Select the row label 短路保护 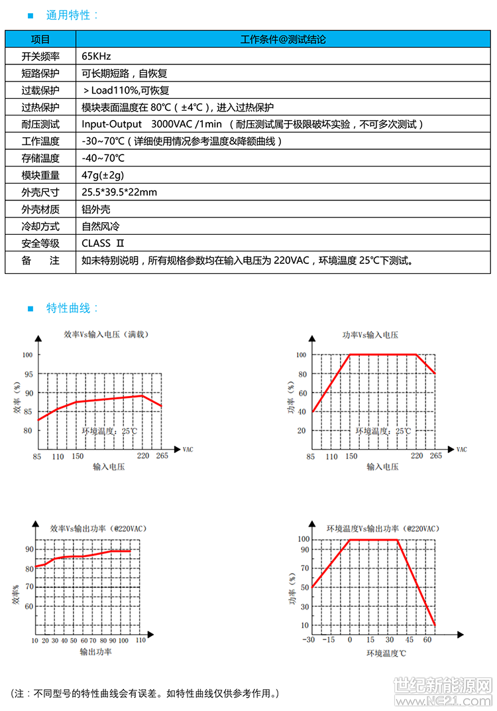click(x=40, y=74)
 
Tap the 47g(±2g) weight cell click(x=103, y=175)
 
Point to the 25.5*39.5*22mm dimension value click(x=119, y=192)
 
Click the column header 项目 click(x=40, y=40)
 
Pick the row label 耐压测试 click(x=40, y=124)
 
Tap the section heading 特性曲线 click(x=72, y=308)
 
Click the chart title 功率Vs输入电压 click(x=370, y=335)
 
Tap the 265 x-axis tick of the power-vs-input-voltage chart click(x=435, y=456)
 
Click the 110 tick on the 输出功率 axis click(x=140, y=640)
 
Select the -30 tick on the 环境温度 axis click(x=309, y=640)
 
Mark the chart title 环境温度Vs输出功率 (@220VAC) click(x=382, y=529)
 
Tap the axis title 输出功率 click(x=95, y=652)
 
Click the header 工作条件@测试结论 click(x=283, y=40)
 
